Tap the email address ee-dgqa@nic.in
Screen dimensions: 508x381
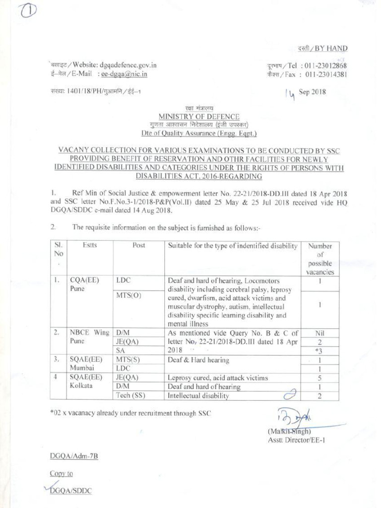click(x=124, y=74)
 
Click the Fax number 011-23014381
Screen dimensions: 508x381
click(x=325, y=74)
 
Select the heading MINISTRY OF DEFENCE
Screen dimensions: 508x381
click(x=198, y=117)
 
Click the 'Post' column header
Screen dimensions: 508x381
click(x=138, y=246)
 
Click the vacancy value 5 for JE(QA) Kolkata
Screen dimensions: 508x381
click(x=320, y=378)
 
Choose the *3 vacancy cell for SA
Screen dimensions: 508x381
click(x=320, y=351)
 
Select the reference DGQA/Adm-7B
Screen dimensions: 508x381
click(x=74, y=456)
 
